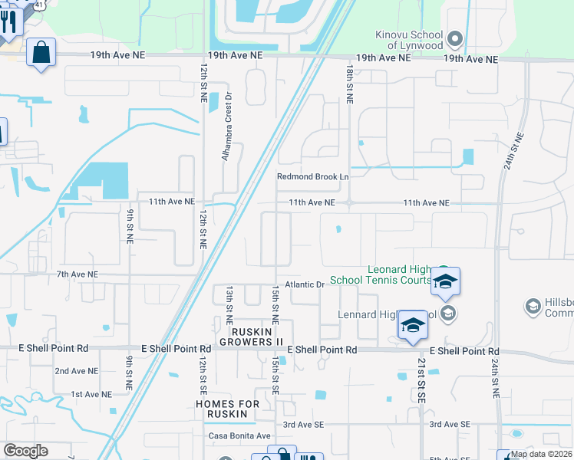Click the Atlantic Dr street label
point(305,284)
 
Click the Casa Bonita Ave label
point(240,435)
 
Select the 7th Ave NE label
point(78,274)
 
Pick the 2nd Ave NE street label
point(76,371)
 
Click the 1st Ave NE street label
point(91,394)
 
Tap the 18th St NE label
point(349,84)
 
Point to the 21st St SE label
point(421,385)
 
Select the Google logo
point(25,451)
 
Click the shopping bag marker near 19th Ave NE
point(41,54)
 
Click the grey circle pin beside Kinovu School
point(454,38)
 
